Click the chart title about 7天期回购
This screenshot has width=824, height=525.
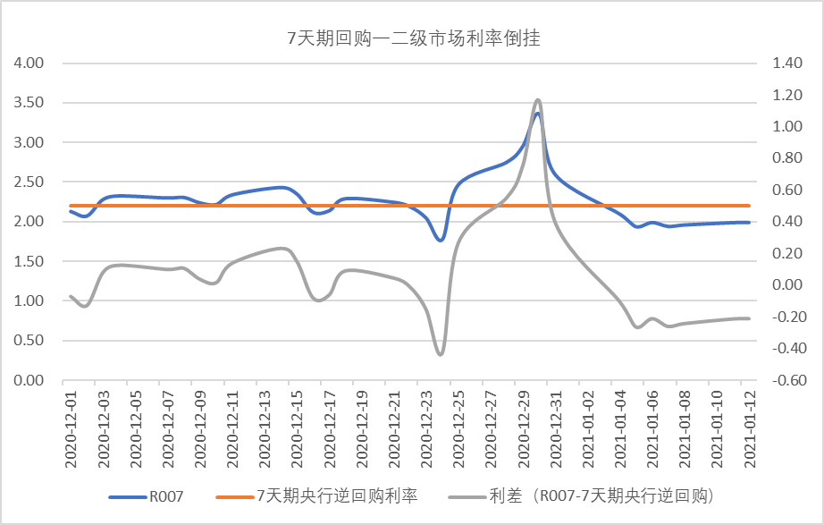pyautogui.click(x=410, y=38)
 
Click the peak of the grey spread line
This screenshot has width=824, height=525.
pyautogui.click(x=538, y=99)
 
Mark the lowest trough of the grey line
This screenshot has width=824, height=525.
pyautogui.click(x=441, y=354)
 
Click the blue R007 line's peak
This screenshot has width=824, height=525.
pyautogui.click(x=537, y=113)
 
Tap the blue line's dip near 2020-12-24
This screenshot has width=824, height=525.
pyautogui.click(x=440, y=240)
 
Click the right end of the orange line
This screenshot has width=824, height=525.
pyautogui.click(x=749, y=206)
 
